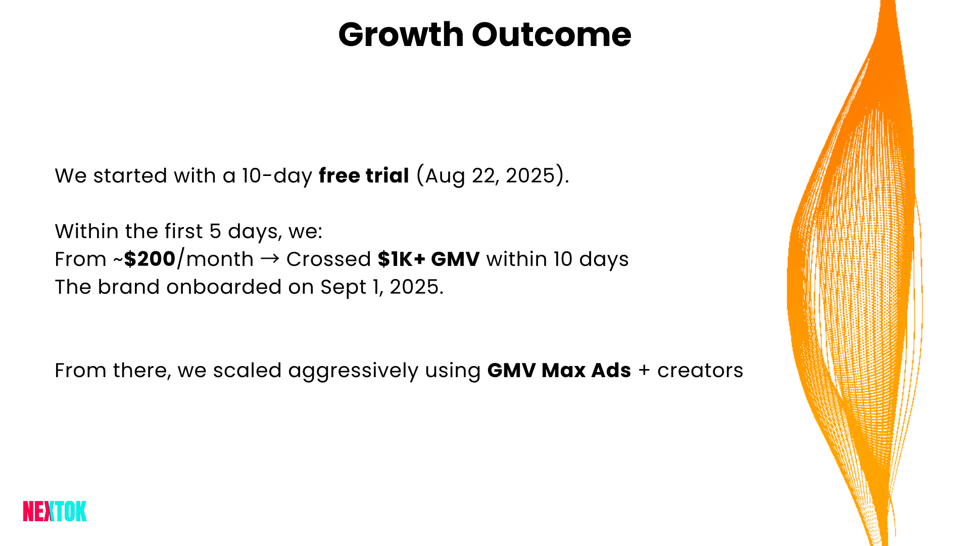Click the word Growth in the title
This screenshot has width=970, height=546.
pyautogui.click(x=401, y=35)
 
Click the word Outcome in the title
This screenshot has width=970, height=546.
pyautogui.click(x=551, y=35)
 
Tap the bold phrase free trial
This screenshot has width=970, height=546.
pyautogui.click(x=363, y=176)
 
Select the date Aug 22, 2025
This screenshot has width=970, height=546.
pyautogui.click(x=490, y=176)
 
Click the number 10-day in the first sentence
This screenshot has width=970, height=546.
pyautogui.click(x=277, y=176)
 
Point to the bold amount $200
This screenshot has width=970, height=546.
pyautogui.click(x=150, y=259)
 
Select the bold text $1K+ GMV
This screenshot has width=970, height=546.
pyautogui.click(x=428, y=259)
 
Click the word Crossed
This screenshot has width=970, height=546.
pyautogui.click(x=328, y=259)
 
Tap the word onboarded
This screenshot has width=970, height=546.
pyautogui.click(x=224, y=287)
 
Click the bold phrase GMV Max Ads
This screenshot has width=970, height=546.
pyautogui.click(x=559, y=371)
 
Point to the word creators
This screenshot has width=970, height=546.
pyautogui.click(x=700, y=371)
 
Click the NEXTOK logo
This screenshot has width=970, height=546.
pyautogui.click(x=55, y=511)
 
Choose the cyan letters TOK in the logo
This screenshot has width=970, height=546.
pyautogui.click(x=71, y=511)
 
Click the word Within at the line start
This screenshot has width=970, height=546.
pyautogui.click(x=86, y=232)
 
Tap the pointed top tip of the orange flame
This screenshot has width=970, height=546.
pyautogui.click(x=888, y=4)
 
